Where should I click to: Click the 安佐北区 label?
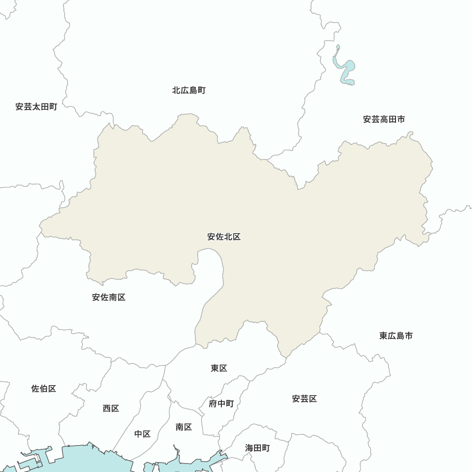pyautogui.click(x=224, y=237)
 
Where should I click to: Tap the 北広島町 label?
pyautogui.click(x=189, y=90)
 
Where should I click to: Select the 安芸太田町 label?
pyautogui.click(x=36, y=107)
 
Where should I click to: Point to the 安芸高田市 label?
pyautogui.click(x=384, y=119)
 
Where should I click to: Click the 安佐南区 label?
pyautogui.click(x=109, y=297)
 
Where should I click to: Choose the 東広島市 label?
pyautogui.click(x=396, y=336)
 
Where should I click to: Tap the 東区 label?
pyautogui.click(x=219, y=368)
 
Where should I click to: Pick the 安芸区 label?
pyautogui.click(x=304, y=399)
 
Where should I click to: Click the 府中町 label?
pyautogui.click(x=221, y=404)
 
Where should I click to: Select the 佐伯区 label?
pyautogui.click(x=44, y=389)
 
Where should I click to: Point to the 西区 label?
pyautogui.click(x=111, y=408)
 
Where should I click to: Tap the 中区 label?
pyautogui.click(x=142, y=434)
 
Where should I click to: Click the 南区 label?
pyautogui.click(x=184, y=427)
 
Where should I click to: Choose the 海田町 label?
pyautogui.click(x=257, y=447)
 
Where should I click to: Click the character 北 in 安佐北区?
pyautogui.click(x=228, y=237)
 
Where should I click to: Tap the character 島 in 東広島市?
pyautogui.click(x=400, y=336)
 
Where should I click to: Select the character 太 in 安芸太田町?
pyautogui.click(x=36, y=107)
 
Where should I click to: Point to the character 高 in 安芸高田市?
pyautogui.click(x=384, y=119)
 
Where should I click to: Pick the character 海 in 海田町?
pyautogui.click(x=249, y=447)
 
